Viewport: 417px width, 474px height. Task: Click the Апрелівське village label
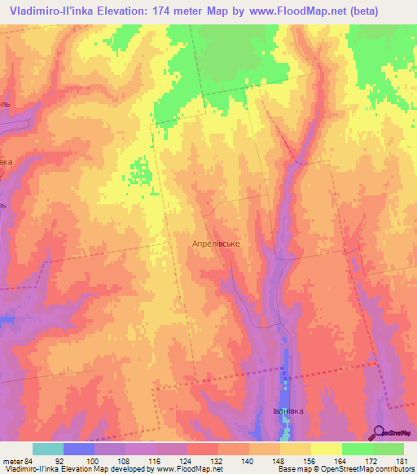tap(215, 243)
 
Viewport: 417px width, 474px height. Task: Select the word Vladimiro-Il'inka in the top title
tap(56, 11)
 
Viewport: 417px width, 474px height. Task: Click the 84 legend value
tap(30, 461)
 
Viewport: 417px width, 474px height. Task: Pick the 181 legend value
tap(402, 461)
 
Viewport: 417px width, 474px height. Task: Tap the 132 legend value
tap(217, 461)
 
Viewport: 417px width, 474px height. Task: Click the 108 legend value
tap(124, 461)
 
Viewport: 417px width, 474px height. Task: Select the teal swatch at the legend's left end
tap(48, 449)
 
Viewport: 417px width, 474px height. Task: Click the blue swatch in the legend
tap(79, 449)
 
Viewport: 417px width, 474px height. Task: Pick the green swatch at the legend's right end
tap(388, 449)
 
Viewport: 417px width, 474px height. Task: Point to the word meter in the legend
tap(12, 461)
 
